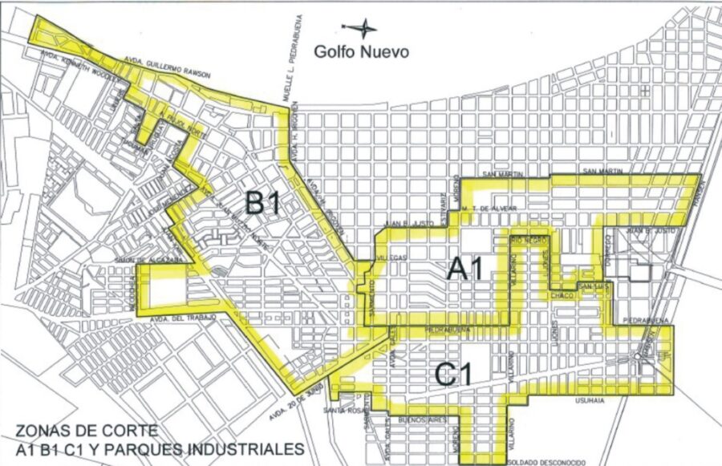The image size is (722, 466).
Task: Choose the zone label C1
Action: (x=454, y=373)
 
